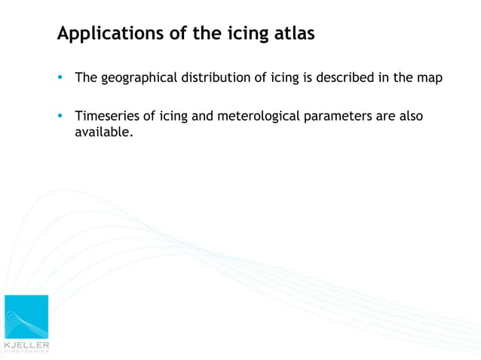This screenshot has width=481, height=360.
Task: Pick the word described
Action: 341,78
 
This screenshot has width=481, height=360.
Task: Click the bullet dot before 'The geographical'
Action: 60,78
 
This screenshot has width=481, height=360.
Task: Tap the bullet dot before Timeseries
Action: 60,117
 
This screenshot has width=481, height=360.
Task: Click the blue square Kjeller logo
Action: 26,316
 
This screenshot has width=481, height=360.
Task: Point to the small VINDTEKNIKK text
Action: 26,351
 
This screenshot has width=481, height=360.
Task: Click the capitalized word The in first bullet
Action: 85,78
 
